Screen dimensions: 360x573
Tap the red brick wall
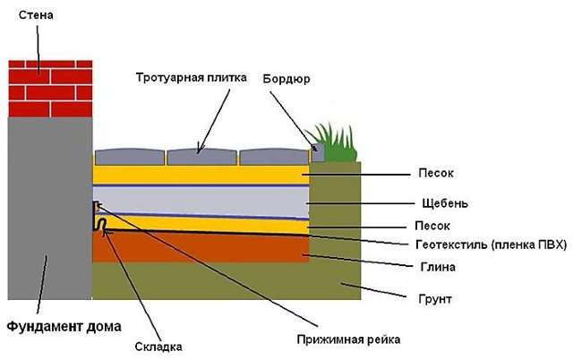(x=50, y=89)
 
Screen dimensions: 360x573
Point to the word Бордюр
(x=286, y=78)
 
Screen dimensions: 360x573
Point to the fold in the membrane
(x=103, y=223)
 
